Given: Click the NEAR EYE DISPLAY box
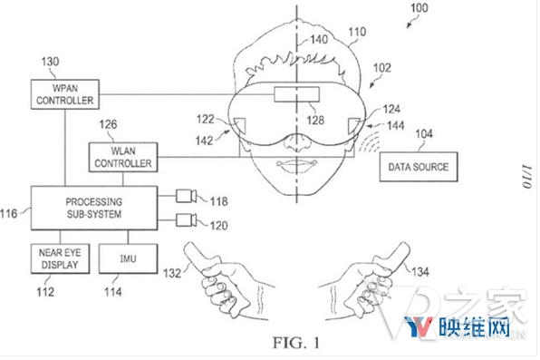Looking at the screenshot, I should point(58,258).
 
